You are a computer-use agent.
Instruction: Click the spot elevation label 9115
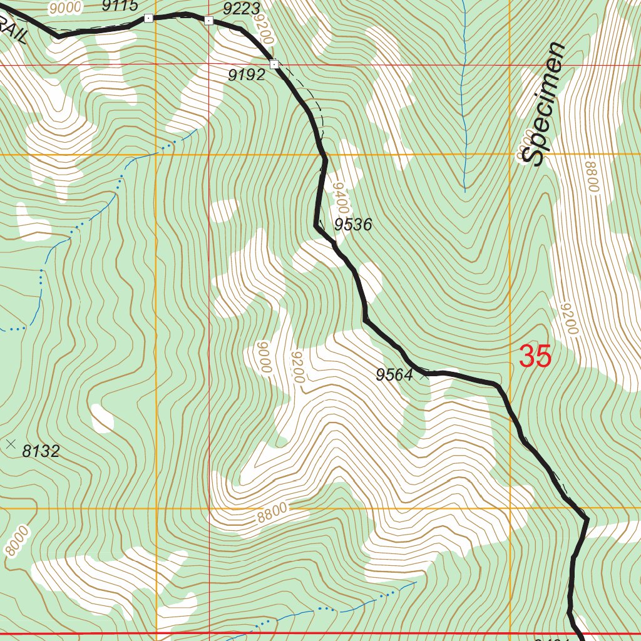pyautogui.click(x=120, y=6)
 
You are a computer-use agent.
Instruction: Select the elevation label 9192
pyautogui.click(x=246, y=76)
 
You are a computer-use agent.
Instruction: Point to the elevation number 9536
pyautogui.click(x=353, y=225)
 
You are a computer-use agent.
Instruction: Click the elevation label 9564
pyautogui.click(x=394, y=375)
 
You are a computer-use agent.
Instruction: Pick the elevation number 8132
pyautogui.click(x=41, y=451)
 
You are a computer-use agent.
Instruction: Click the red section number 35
pyautogui.click(x=535, y=357)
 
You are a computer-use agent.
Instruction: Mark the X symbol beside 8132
pyautogui.click(x=10, y=444)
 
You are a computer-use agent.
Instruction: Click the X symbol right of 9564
pyautogui.click(x=424, y=376)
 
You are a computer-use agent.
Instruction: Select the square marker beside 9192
pyautogui.click(x=274, y=64)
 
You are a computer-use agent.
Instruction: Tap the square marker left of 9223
pyautogui.click(x=208, y=21)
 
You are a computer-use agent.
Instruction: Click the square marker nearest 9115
pyautogui.click(x=148, y=18)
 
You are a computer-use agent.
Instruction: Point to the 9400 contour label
pyautogui.click(x=340, y=197)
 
